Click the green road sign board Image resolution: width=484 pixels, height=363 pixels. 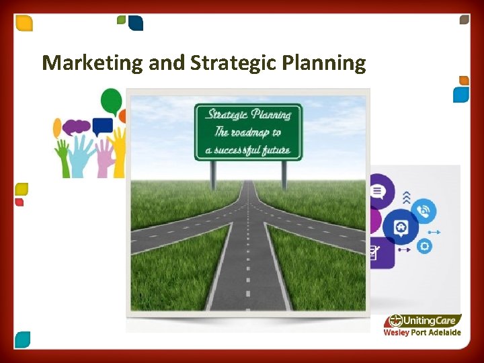coord(248,132)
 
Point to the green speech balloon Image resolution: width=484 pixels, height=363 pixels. coord(111,102)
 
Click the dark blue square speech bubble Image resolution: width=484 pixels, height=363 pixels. coord(102,125)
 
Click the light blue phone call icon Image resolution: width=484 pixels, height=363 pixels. coord(424,210)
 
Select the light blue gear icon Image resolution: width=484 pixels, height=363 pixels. coord(424,246)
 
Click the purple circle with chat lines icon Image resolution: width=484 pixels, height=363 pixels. coord(378,191)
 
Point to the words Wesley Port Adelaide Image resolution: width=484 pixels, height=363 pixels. coord(422,333)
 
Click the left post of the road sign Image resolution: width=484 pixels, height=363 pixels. coord(214,174)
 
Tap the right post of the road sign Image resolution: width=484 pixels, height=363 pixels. coord(284,174)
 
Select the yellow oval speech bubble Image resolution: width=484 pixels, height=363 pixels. coord(57,127)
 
